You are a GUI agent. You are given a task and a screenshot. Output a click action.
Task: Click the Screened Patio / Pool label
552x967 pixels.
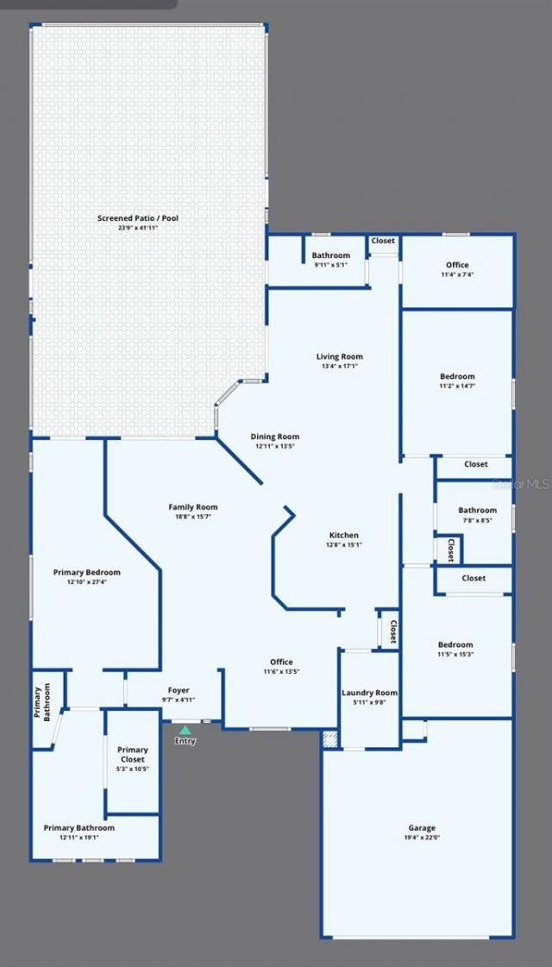pyautogui.click(x=138, y=218)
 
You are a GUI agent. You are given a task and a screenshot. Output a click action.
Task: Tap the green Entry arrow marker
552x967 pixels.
pyautogui.click(x=185, y=731)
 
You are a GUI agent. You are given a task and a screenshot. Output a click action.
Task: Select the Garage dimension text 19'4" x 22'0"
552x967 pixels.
pyautogui.click(x=422, y=838)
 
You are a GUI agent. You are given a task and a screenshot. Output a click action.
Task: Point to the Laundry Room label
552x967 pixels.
pyautogui.click(x=369, y=693)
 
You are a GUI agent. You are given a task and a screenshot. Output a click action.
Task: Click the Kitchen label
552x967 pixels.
pyautogui.click(x=344, y=535)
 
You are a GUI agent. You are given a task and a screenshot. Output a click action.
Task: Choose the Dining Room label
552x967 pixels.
pyautogui.click(x=275, y=436)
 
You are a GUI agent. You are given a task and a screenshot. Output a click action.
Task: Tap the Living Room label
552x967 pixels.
pyautogui.click(x=339, y=356)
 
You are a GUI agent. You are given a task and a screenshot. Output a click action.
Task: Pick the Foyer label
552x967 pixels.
pyautogui.click(x=179, y=690)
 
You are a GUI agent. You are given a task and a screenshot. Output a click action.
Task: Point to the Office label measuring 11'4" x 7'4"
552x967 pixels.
pyautogui.click(x=457, y=265)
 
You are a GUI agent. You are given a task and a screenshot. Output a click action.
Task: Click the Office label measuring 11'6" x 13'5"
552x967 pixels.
pyautogui.click(x=281, y=662)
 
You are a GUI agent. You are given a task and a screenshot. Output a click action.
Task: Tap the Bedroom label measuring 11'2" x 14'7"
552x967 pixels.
pyautogui.click(x=457, y=376)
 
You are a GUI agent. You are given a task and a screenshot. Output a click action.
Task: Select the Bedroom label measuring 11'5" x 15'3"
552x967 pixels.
pyautogui.click(x=455, y=644)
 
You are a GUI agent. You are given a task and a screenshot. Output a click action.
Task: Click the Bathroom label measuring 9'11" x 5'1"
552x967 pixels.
pyautogui.click(x=331, y=255)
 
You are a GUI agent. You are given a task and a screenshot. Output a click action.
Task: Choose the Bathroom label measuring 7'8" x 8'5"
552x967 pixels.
pyautogui.click(x=477, y=510)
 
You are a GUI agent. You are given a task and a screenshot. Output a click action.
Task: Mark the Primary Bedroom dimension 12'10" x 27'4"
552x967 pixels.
pyautogui.click(x=86, y=581)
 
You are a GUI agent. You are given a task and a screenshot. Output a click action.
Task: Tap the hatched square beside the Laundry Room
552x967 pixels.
pyautogui.click(x=329, y=738)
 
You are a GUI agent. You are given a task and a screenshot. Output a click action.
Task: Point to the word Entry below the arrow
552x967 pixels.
pyautogui.click(x=185, y=741)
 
